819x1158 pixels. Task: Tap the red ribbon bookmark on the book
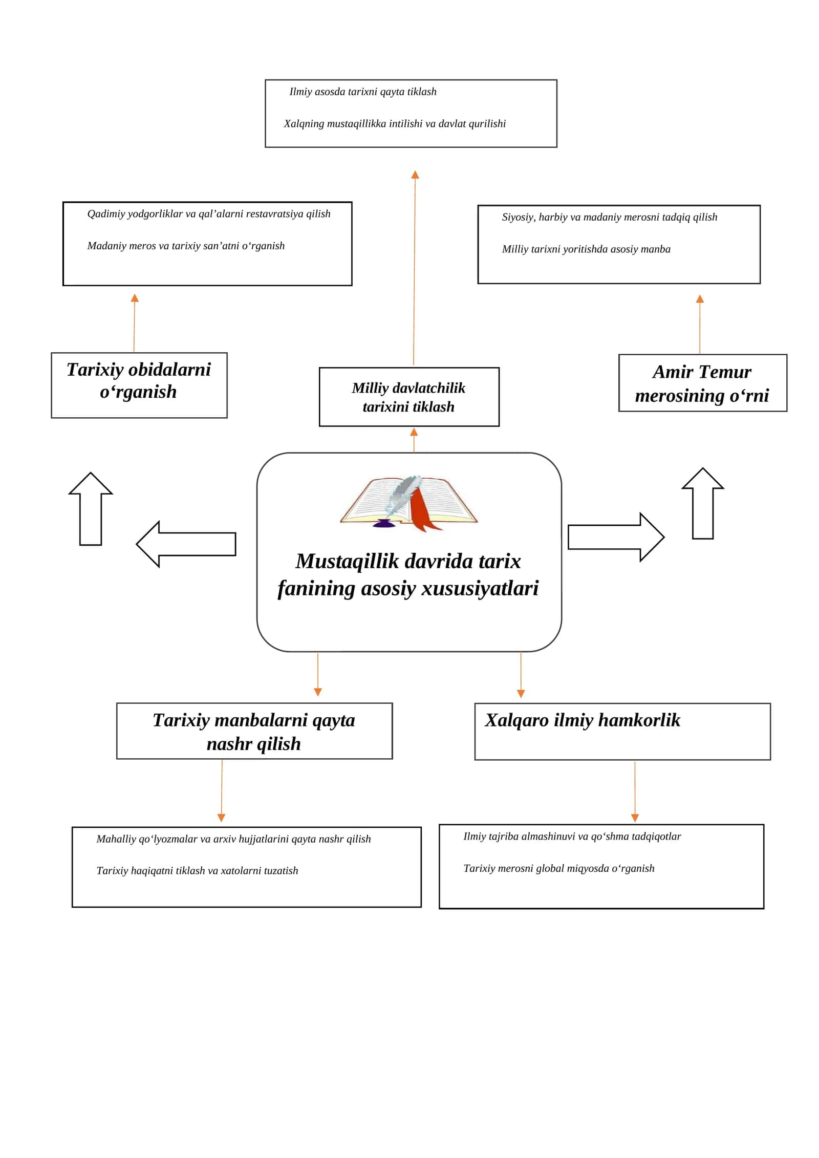pyautogui.click(x=422, y=509)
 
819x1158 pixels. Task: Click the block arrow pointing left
pyautogui.click(x=186, y=544)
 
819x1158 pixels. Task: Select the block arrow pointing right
pyautogui.click(x=616, y=538)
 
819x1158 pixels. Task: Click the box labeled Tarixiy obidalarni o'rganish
pyautogui.click(x=139, y=385)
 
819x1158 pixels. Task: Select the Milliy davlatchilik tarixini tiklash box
pyautogui.click(x=409, y=397)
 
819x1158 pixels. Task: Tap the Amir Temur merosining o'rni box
pyautogui.click(x=703, y=383)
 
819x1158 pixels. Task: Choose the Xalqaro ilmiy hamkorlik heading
pyautogui.click(x=583, y=720)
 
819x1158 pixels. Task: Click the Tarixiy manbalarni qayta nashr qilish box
pyautogui.click(x=254, y=731)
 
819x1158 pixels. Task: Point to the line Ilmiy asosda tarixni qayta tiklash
pyautogui.click(x=363, y=92)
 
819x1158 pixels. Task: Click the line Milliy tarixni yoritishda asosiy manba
pyautogui.click(x=586, y=249)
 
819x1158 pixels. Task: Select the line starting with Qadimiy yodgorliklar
pyautogui.click(x=209, y=214)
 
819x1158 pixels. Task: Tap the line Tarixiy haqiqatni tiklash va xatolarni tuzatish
pyautogui.click(x=197, y=871)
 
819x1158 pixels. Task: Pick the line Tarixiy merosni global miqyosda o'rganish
pyautogui.click(x=559, y=868)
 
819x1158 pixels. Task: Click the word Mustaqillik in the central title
pyautogui.click(x=347, y=561)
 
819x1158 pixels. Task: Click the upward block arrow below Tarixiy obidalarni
pyautogui.click(x=91, y=509)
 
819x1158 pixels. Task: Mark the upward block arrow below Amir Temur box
pyautogui.click(x=703, y=503)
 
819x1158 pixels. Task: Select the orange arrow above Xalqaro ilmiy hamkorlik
pyautogui.click(x=521, y=675)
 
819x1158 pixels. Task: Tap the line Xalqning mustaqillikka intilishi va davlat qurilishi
pyautogui.click(x=395, y=124)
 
